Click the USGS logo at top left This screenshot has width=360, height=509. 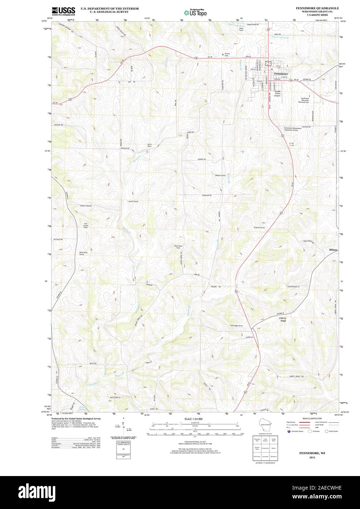(63, 11)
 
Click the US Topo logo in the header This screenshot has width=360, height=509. (195, 12)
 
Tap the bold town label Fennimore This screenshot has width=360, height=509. (281, 74)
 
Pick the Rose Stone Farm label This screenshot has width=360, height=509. (178, 247)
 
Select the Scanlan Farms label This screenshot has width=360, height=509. (259, 227)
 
